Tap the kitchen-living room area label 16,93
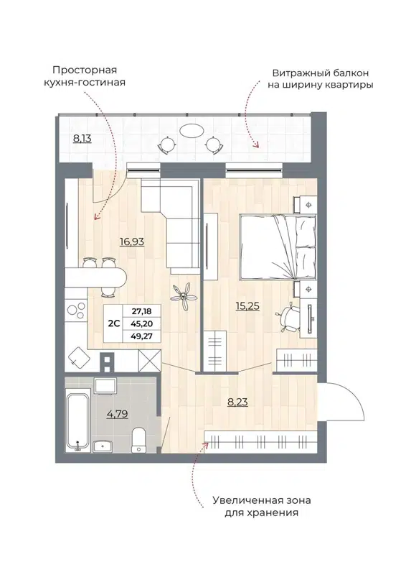pos(132,242)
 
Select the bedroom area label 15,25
pos(248,305)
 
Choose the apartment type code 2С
pos(113,323)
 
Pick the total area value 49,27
pos(142,336)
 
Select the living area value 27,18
pos(142,310)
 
